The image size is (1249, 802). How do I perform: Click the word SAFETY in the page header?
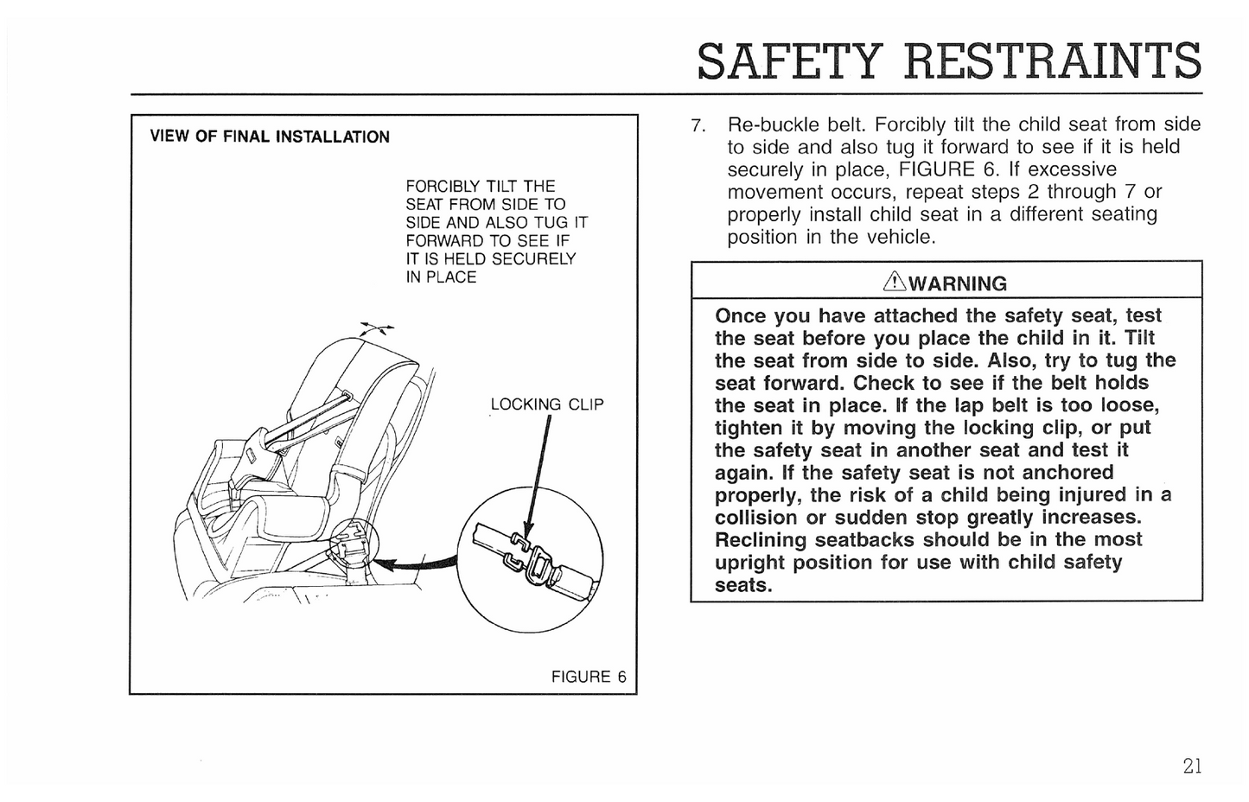coord(788,60)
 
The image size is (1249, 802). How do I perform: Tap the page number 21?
coord(1192,766)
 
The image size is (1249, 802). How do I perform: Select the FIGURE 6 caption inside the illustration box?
coord(589,677)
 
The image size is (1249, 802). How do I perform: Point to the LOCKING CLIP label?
coord(546,404)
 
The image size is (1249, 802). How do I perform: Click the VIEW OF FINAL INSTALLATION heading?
coord(270,137)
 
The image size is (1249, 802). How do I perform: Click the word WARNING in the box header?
coord(958,283)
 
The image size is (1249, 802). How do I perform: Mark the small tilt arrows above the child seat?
coord(376,328)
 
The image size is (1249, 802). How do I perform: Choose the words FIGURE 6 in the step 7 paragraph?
coord(949,169)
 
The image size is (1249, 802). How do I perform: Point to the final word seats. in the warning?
coord(742,585)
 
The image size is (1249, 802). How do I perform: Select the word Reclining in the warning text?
coord(762,540)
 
